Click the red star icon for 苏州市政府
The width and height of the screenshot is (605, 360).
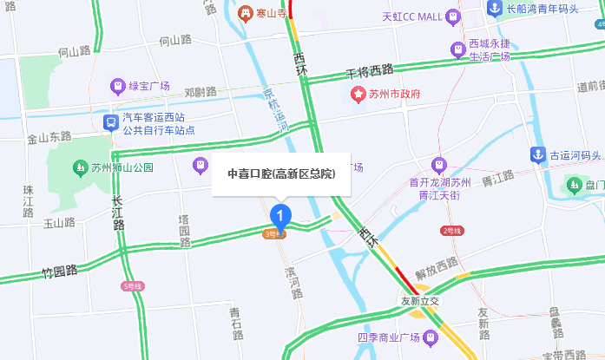coord(357,94)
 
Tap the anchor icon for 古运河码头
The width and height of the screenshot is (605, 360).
coord(538,155)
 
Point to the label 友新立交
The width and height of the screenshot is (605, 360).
coord(420,300)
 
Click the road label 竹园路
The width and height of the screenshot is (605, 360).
coord(60,272)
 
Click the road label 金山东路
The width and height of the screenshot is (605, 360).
coord(49,137)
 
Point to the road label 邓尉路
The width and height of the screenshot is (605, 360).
coord(200,91)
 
